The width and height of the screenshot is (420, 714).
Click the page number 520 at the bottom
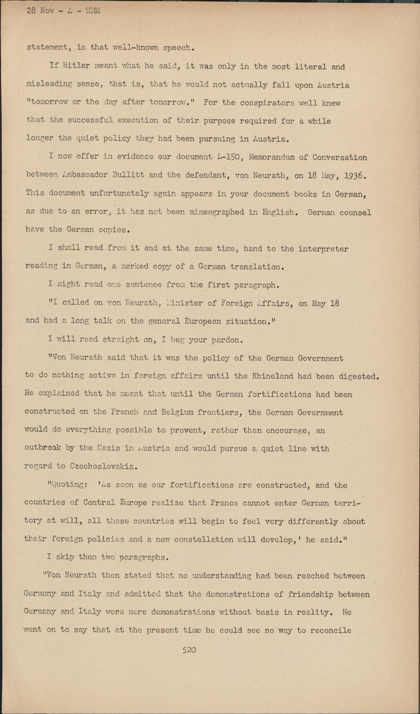click(189, 650)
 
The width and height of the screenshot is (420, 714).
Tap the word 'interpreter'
click(323, 248)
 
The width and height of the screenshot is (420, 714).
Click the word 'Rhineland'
click(273, 376)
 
